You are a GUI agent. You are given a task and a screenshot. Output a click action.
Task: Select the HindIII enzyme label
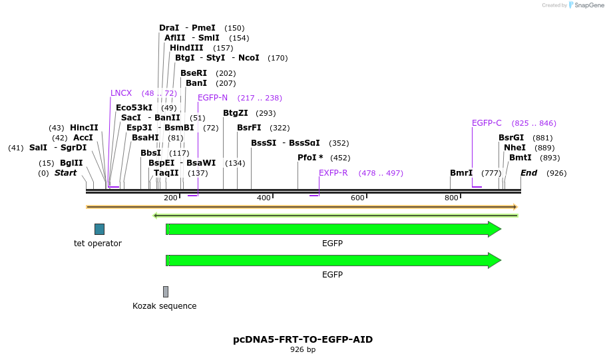pyautogui.click(x=186, y=48)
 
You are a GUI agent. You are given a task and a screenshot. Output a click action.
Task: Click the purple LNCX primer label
pyautogui.click(x=121, y=93)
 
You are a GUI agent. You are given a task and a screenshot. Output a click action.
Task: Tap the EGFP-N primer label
pyautogui.click(x=212, y=98)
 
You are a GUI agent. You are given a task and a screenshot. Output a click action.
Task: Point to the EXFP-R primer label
pyautogui.click(x=333, y=173)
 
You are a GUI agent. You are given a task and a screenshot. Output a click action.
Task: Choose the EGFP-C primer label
pyautogui.click(x=487, y=123)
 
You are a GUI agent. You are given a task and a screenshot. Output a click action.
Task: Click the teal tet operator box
pyautogui.click(x=99, y=229)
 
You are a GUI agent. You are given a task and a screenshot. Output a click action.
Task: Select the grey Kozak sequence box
pyautogui.click(x=166, y=291)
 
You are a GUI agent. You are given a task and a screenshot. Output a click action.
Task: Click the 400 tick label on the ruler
pyautogui.click(x=264, y=198)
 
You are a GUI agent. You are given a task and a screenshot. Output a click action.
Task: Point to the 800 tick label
pyautogui.click(x=451, y=198)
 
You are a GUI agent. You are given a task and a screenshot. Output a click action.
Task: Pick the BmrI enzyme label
pyautogui.click(x=461, y=173)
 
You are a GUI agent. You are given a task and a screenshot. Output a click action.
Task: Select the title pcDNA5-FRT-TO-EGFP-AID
pyautogui.click(x=303, y=339)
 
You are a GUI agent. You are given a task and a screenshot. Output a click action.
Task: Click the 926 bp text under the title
pyautogui.click(x=303, y=349)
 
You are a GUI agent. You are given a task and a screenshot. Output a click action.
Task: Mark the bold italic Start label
pyautogui.click(x=65, y=173)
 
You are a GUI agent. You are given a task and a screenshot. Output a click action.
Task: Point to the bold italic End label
pyautogui.click(x=528, y=173)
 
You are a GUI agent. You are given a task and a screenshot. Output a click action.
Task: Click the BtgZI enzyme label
pyautogui.click(x=235, y=113)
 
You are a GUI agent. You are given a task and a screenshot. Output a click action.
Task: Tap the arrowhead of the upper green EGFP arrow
pyautogui.click(x=495, y=229)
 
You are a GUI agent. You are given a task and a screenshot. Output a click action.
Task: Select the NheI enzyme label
pyautogui.click(x=514, y=148)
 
